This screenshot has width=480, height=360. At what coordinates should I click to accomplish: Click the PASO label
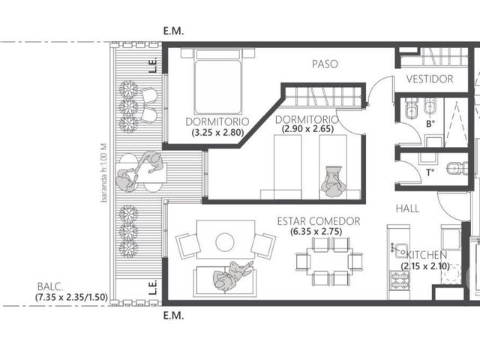click(325, 64)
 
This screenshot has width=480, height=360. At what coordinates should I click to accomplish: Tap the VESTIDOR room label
click(430, 79)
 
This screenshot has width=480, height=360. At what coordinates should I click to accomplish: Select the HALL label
click(407, 208)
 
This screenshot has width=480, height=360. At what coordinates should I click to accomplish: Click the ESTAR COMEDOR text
click(319, 221)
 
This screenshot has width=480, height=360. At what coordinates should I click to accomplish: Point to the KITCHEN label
click(427, 255)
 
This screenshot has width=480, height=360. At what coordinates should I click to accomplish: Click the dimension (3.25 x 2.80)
click(217, 133)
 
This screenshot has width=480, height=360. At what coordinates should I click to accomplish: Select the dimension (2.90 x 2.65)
click(307, 129)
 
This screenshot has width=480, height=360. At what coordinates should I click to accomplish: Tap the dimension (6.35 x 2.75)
click(316, 232)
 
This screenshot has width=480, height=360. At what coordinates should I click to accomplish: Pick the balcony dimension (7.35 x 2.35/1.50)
click(71, 297)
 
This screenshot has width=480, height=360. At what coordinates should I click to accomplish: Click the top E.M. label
click(173, 31)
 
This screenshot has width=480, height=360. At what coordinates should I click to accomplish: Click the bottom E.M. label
click(173, 316)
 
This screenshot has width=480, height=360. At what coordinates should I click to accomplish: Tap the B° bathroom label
click(430, 124)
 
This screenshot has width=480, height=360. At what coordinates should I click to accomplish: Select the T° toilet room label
click(430, 172)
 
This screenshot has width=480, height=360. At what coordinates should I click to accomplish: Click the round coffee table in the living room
click(225, 242)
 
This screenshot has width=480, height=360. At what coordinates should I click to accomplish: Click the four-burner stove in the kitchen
click(400, 280)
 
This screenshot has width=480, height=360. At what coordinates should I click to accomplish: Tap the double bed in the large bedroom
click(217, 82)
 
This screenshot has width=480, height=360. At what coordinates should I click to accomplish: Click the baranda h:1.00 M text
click(104, 172)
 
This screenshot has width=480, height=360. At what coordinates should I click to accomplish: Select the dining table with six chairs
click(329, 261)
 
